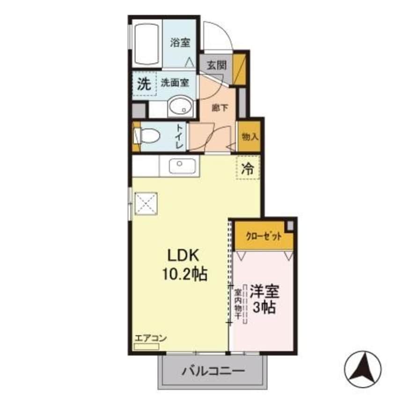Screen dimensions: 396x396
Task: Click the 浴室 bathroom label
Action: click(180, 43)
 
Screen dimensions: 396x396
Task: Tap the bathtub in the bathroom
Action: click(147, 44)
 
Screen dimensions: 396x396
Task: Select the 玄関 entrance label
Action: click(216, 66)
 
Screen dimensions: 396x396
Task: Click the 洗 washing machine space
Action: click(144, 84)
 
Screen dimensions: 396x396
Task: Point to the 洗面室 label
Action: click(175, 82)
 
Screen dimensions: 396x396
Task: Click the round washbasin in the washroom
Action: click(180, 106)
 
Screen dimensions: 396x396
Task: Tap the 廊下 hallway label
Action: click(220, 108)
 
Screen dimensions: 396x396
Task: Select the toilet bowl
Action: click(148, 136)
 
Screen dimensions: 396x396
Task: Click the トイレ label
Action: click(180, 136)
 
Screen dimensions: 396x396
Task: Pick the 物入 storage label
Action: click(250, 137)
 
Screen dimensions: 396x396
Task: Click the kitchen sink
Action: click(182, 166)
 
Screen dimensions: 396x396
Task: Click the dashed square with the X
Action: click(146, 204)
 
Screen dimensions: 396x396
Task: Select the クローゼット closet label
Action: click(264, 237)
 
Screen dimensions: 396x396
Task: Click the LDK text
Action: click(184, 256)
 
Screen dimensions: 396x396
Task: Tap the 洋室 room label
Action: click(264, 292)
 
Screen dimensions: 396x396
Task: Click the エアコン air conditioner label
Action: click(151, 338)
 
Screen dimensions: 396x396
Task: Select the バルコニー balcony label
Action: click(213, 371)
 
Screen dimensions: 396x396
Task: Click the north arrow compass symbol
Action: click(363, 369)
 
